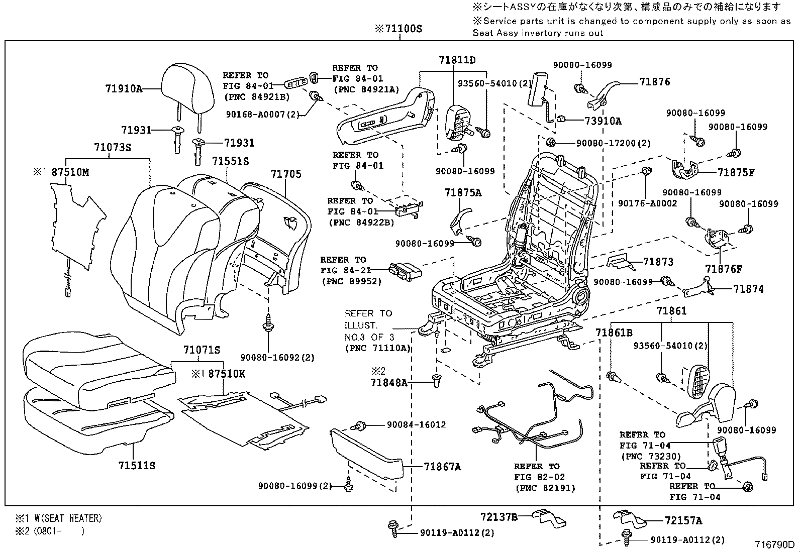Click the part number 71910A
pos(124,89)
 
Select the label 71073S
pos(113,148)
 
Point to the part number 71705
pos(286,174)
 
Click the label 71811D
pos(457,60)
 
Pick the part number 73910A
pos(603,121)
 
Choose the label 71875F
pos(736,172)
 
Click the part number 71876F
pos(724,269)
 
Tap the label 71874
pos(748,289)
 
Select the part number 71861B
pos(614,333)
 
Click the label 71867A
pos(442,467)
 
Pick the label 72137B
pos(498,516)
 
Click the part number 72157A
pos(683,521)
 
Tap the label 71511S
pos(137,466)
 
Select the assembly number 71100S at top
pos(398,29)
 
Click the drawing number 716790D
pos(774,544)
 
